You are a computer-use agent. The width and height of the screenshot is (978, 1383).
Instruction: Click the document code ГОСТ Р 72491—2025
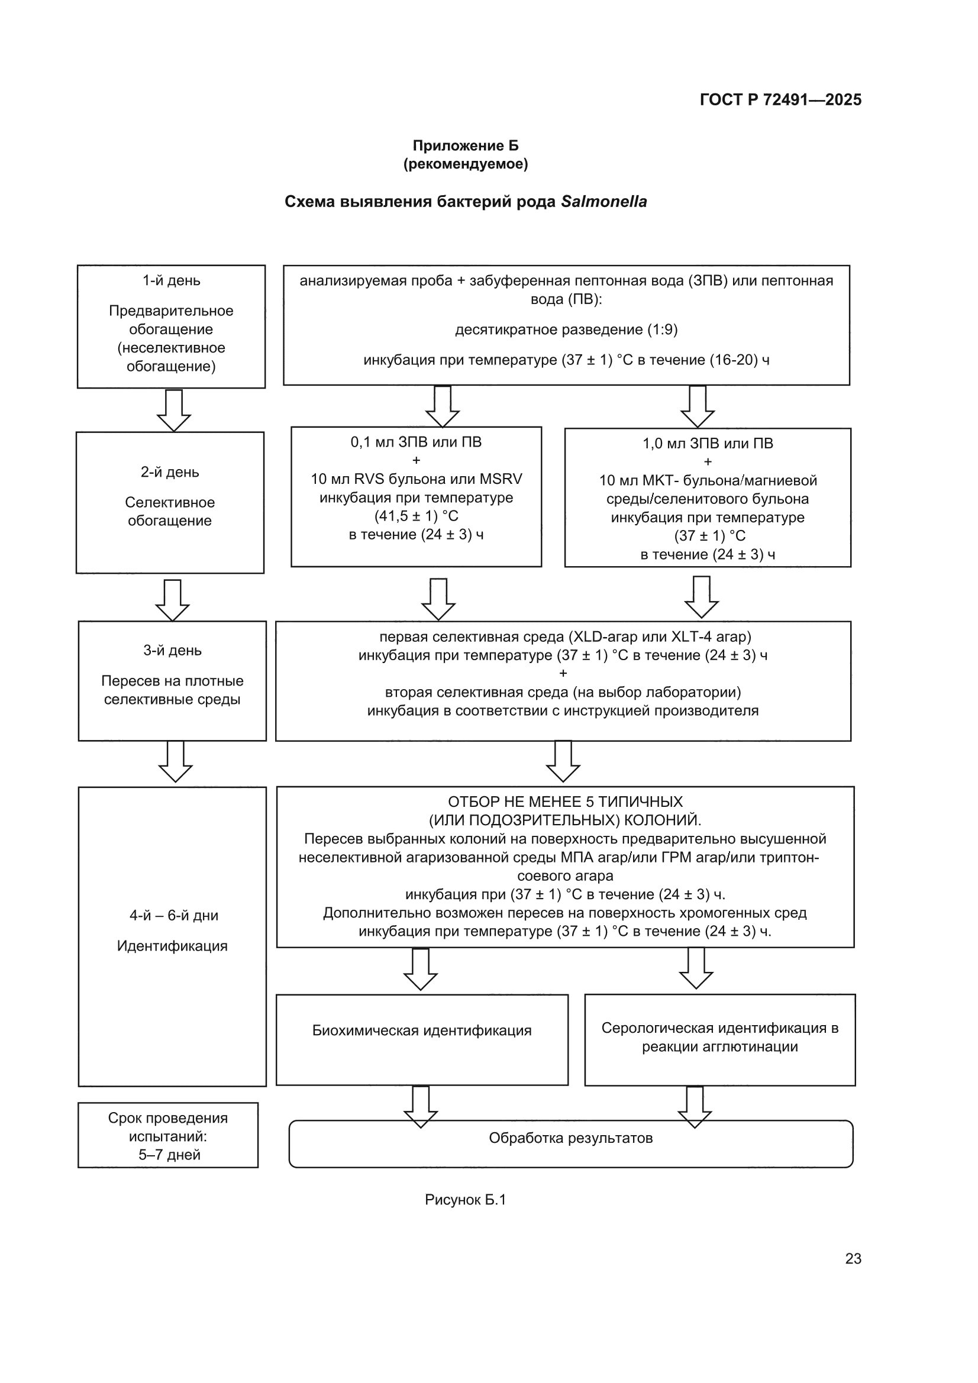click(780, 99)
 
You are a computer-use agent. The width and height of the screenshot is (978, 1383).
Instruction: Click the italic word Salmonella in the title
click(604, 202)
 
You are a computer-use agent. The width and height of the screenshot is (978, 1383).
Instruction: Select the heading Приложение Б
click(465, 145)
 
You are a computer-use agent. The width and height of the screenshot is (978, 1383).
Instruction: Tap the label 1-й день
click(171, 281)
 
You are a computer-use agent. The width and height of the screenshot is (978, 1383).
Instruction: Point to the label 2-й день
click(170, 472)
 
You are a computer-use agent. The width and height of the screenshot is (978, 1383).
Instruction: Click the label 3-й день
click(172, 651)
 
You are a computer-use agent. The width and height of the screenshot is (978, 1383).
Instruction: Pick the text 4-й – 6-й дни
click(173, 916)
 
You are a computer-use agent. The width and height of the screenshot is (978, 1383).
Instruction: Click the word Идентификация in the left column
click(172, 946)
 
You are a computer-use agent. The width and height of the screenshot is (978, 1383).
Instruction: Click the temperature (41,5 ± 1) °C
click(417, 516)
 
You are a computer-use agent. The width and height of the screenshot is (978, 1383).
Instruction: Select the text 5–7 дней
click(169, 1155)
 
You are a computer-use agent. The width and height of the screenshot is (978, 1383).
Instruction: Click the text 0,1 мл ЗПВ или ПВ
click(417, 442)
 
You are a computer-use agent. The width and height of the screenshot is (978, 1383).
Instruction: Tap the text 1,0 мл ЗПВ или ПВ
click(708, 443)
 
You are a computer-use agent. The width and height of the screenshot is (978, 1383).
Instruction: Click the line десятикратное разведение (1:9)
click(566, 329)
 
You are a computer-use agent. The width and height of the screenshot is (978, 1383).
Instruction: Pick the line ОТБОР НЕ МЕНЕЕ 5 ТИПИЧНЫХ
click(565, 802)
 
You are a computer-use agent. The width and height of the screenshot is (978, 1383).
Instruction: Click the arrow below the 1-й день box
click(174, 411)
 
